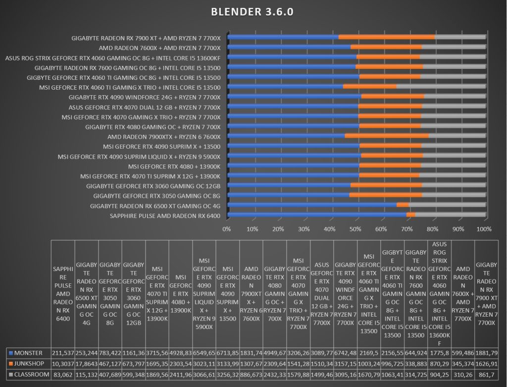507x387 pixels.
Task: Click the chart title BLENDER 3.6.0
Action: pyautogui.click(x=252, y=12)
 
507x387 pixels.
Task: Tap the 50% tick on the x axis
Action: pyautogui.click(x=355, y=229)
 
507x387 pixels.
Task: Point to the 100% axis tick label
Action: pyautogui.click(x=484, y=229)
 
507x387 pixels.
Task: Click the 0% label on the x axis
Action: pyautogui.click(x=227, y=229)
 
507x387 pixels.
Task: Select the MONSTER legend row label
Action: pyautogui.click(x=28, y=353)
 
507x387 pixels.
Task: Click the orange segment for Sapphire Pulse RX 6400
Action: pyautogui.click(x=410, y=215)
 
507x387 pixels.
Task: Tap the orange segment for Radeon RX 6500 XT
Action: pyautogui.click(x=403, y=205)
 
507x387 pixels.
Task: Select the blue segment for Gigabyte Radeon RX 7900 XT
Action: pyautogui.click(x=283, y=37)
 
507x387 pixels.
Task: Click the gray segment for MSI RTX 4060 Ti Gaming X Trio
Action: pyautogui.click(x=441, y=86)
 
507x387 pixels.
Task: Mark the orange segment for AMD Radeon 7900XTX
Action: pyautogui.click(x=387, y=136)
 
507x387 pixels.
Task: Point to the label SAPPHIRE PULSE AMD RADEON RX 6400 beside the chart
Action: pyautogui.click(x=165, y=216)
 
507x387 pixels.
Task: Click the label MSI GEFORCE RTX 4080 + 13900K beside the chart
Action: pyautogui.click(x=174, y=166)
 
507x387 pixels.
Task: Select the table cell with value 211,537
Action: pyautogui.click(x=63, y=353)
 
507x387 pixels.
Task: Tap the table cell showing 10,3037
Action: pyautogui.click(x=63, y=364)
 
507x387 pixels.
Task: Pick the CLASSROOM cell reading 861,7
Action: pyautogui.click(x=486, y=375)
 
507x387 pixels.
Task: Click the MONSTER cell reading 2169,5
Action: pyautogui.click(x=369, y=353)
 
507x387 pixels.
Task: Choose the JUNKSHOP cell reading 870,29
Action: pyautogui.click(x=440, y=364)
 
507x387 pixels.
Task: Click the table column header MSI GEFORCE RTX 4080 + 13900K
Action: pyautogui.click(x=180, y=294)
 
